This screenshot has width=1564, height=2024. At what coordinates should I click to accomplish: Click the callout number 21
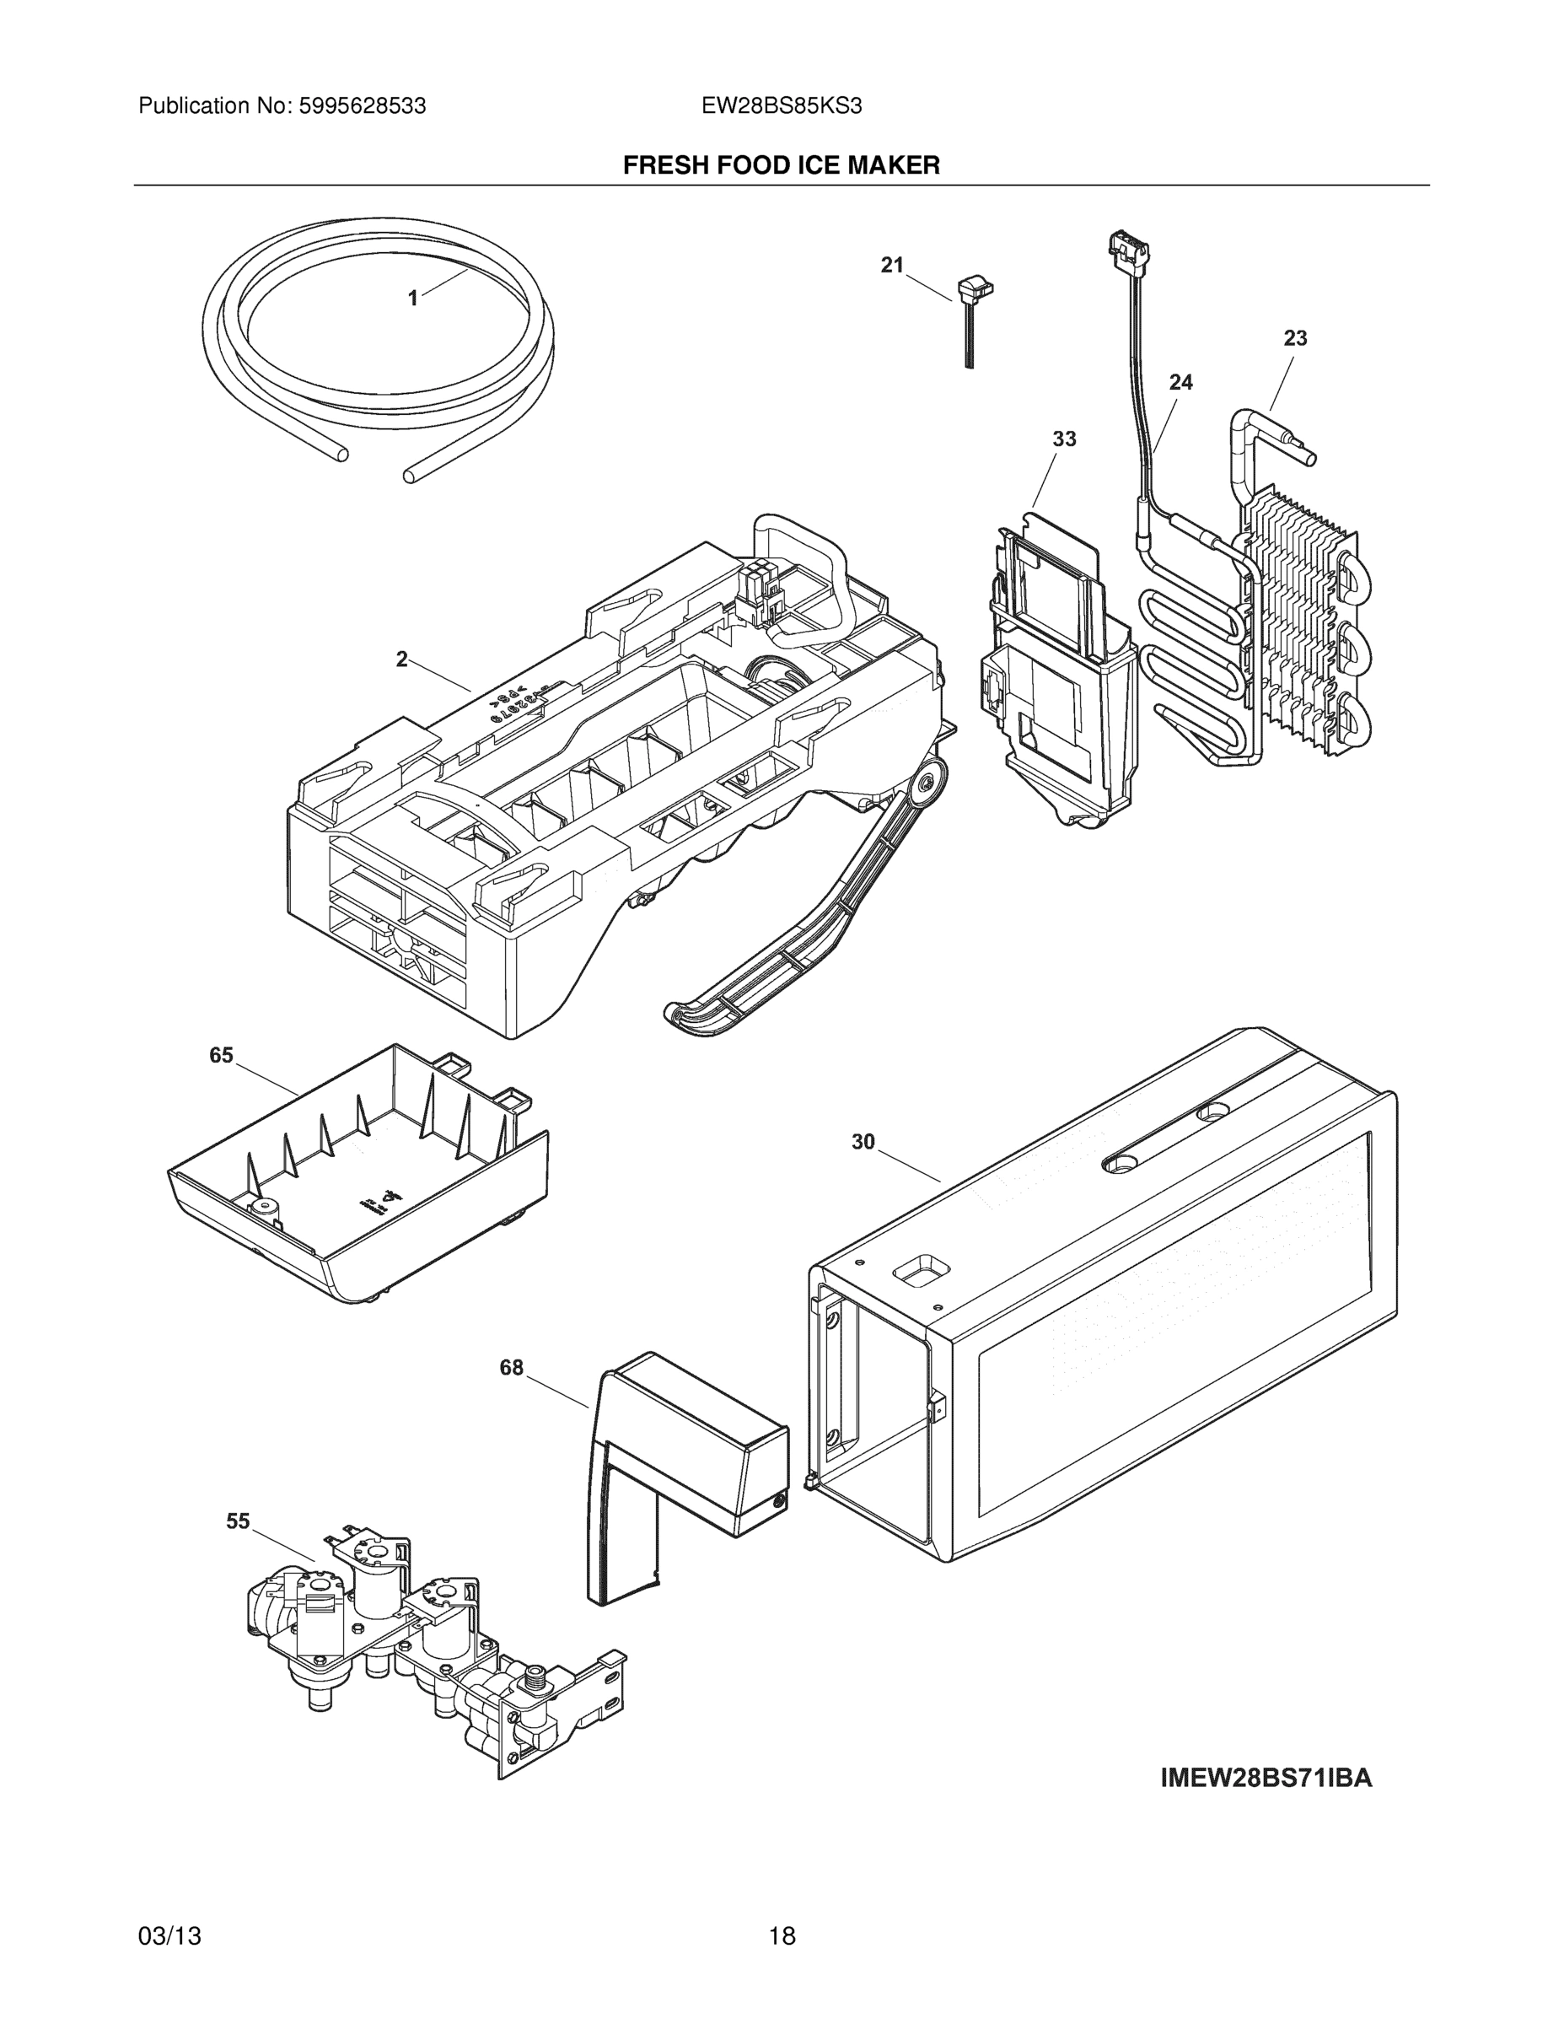(x=891, y=266)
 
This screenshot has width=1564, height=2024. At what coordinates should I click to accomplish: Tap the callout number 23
(x=1294, y=338)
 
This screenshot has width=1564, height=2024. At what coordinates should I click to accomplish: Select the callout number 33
(x=1064, y=439)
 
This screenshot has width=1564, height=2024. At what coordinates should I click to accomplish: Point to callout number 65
(x=222, y=1056)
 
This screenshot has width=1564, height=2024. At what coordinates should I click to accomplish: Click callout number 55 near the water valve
(x=238, y=1521)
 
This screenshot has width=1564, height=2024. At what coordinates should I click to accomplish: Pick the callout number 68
(x=512, y=1367)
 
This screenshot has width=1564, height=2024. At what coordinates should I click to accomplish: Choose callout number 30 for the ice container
(x=863, y=1143)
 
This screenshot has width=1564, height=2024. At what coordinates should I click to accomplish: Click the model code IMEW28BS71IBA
(x=1266, y=1779)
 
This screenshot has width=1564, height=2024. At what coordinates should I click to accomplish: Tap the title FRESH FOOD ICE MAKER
(x=781, y=166)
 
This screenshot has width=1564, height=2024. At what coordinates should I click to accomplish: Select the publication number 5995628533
(x=363, y=106)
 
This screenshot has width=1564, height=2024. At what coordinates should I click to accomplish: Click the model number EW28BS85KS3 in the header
(x=781, y=106)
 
